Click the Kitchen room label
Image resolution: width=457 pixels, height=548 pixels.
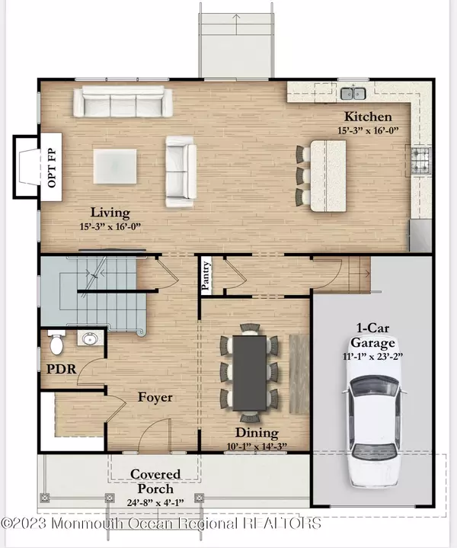(368, 117)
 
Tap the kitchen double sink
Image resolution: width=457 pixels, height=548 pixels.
(353, 93)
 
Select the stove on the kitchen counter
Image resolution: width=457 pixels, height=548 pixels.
(420, 160)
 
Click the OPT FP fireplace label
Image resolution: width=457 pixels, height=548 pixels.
(52, 168)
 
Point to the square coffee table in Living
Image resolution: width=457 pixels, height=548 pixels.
(115, 166)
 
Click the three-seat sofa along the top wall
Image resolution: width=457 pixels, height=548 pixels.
(123, 101)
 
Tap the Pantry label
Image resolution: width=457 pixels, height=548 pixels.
(206, 276)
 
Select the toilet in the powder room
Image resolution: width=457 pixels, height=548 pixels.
(56, 342)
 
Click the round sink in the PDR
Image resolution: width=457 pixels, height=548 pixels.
(90, 338)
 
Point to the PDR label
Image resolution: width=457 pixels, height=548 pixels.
(62, 369)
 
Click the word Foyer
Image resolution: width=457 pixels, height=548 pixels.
(155, 397)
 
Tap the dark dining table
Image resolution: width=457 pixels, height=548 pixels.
(250, 373)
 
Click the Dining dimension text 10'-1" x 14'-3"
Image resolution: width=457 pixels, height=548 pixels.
(257, 446)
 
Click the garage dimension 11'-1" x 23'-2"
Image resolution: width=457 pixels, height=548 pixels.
(372, 357)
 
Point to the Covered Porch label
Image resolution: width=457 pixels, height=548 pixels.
(155, 481)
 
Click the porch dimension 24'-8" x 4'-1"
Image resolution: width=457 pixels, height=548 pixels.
(155, 502)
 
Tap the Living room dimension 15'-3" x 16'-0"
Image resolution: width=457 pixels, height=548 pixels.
(110, 226)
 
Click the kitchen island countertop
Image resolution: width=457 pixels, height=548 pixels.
(328, 176)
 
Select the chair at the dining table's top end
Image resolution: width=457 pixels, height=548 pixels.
(250, 328)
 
